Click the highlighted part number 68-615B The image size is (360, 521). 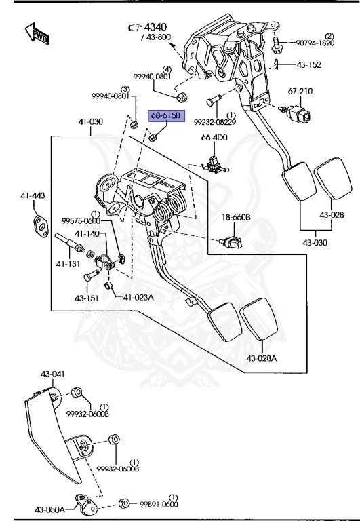click(x=166, y=115)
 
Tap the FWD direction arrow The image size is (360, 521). click(x=37, y=34)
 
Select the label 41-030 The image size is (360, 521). click(x=91, y=121)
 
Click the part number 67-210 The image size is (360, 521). click(x=300, y=91)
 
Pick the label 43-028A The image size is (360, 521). click(x=262, y=358)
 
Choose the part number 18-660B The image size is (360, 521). click(x=236, y=218)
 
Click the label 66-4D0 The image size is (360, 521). click(x=214, y=137)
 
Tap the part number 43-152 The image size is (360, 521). click(x=309, y=65)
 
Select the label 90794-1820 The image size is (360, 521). click(x=315, y=43)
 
